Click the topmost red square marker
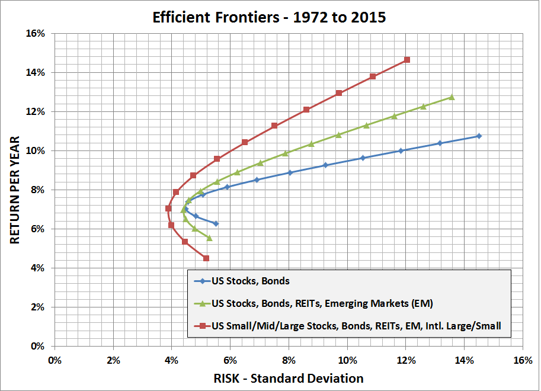(406, 60)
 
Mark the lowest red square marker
(206, 258)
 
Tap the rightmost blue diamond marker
(479, 136)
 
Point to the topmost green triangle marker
(452, 97)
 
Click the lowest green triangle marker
(209, 238)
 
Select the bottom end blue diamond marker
(216, 223)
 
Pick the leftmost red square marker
(168, 209)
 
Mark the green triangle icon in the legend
(201, 304)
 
